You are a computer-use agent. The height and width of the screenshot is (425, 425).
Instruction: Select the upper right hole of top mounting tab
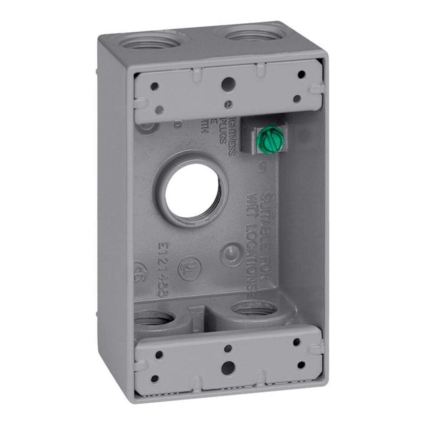[x=302, y=75]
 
